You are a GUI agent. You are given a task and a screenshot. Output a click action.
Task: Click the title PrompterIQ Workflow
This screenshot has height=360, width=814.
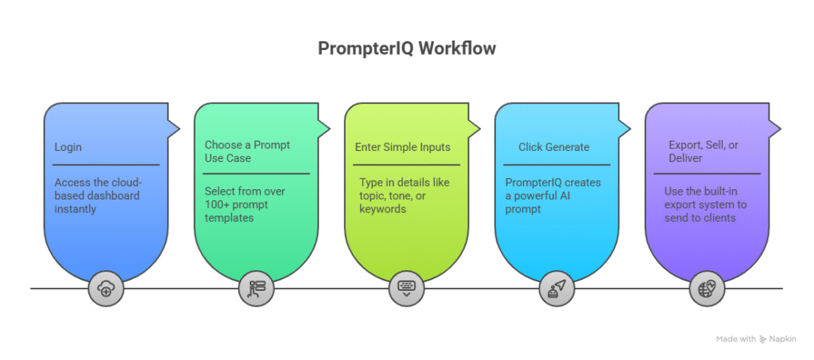(x=406, y=48)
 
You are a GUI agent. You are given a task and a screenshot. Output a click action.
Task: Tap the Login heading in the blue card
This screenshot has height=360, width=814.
(x=68, y=147)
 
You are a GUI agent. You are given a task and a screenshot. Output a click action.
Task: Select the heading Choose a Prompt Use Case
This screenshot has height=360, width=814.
(x=247, y=151)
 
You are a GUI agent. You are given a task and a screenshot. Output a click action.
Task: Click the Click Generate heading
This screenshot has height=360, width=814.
(x=554, y=147)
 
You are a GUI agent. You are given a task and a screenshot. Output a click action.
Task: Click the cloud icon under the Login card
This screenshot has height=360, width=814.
(x=106, y=289)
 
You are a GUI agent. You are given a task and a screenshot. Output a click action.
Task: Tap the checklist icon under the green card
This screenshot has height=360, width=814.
(x=256, y=289)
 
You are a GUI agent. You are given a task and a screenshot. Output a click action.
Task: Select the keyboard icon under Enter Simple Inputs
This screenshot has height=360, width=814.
(x=406, y=289)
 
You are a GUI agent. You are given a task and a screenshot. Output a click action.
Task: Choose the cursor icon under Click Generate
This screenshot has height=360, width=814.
(x=556, y=289)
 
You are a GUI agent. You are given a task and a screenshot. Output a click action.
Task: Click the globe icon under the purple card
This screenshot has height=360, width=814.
(x=707, y=289)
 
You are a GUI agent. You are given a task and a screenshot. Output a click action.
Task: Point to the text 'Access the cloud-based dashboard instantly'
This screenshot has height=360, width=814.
(x=98, y=195)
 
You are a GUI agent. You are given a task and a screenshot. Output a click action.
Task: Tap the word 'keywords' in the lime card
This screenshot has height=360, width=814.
(x=382, y=209)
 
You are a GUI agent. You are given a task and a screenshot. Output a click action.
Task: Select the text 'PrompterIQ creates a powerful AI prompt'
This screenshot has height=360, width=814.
(x=552, y=195)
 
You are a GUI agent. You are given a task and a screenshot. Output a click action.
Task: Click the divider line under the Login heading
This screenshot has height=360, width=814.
(x=106, y=165)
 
